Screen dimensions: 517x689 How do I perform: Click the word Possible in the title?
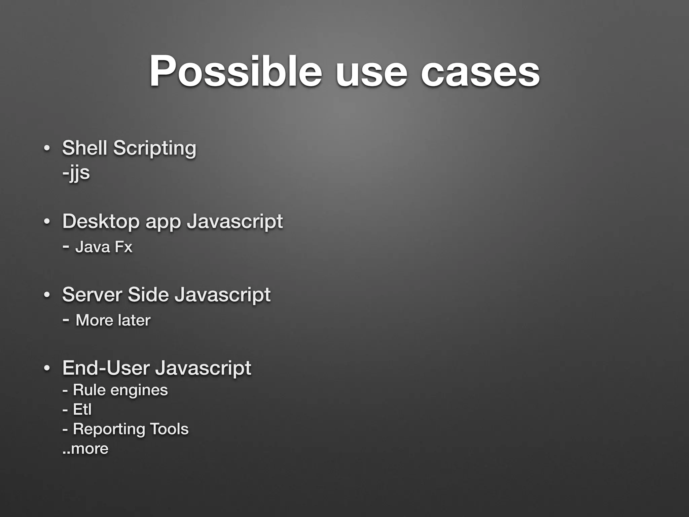coord(235,71)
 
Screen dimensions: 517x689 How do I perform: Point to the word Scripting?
coord(154,149)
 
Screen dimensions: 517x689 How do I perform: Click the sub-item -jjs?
coord(76,173)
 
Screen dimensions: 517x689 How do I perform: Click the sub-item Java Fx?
coord(104,247)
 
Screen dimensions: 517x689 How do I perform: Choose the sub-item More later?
coord(113,320)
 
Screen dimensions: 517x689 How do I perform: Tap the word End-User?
coord(106,368)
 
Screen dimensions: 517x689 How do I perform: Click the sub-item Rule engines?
coord(120,390)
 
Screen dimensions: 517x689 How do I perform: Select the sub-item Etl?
coord(82,409)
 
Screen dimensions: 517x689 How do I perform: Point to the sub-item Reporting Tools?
coord(131,429)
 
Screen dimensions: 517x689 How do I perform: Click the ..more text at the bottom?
coord(85,449)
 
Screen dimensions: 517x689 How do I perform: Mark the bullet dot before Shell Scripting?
coord(47,148)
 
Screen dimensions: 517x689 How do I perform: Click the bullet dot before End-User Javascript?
coord(47,368)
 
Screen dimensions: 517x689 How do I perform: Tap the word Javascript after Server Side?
coord(222,295)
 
